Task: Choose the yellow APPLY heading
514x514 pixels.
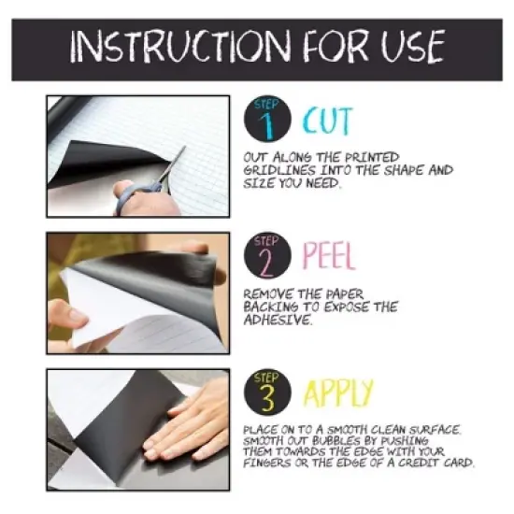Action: [x=337, y=393]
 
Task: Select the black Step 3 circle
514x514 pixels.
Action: [x=269, y=393]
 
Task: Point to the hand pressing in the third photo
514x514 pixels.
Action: [x=187, y=421]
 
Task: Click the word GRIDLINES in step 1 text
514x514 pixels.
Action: [x=278, y=170]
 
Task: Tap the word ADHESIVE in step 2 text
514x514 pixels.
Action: [x=278, y=318]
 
